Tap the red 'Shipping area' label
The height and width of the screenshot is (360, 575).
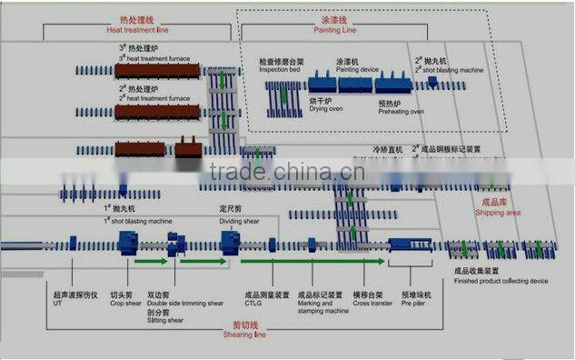click(498, 212)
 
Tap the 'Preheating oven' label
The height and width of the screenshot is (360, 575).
click(401, 111)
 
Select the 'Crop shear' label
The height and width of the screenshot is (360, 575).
click(125, 303)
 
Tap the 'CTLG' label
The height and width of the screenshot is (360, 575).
click(253, 303)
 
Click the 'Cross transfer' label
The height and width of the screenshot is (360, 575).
click(372, 303)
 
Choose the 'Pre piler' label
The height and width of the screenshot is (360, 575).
click(412, 303)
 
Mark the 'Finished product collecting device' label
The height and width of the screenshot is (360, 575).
click(501, 281)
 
